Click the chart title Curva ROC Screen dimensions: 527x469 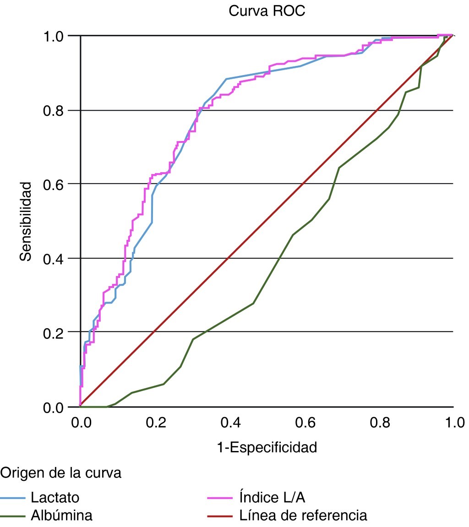(267, 11)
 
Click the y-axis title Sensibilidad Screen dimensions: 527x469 (27, 221)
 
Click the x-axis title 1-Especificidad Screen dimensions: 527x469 (267, 447)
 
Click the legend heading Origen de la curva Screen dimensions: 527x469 (61, 473)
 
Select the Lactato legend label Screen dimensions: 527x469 (55, 498)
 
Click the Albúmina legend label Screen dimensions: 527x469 (62, 516)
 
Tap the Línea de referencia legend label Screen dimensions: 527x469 (303, 516)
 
